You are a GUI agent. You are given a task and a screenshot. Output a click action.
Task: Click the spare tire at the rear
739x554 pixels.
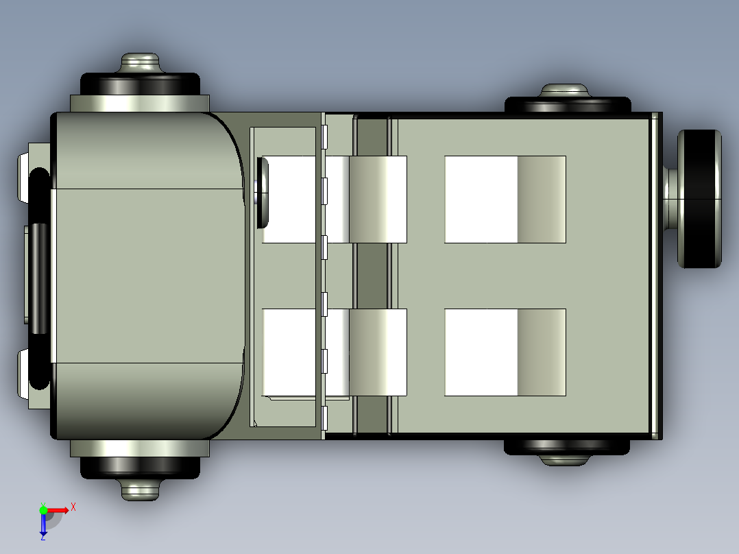701,199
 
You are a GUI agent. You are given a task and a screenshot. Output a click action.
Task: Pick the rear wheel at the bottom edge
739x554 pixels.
567,446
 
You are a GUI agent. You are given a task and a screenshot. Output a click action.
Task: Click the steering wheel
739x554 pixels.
263,192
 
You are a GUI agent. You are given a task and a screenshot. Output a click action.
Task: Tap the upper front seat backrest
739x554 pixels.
378,200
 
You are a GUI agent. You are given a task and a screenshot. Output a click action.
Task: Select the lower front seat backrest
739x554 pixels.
378,352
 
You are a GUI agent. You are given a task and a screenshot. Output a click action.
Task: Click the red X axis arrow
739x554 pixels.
62,509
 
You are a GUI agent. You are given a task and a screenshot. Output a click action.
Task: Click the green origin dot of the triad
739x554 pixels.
43,510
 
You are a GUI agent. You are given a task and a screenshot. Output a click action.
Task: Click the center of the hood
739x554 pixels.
147,275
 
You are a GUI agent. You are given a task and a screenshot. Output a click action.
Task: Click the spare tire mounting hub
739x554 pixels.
670,199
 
